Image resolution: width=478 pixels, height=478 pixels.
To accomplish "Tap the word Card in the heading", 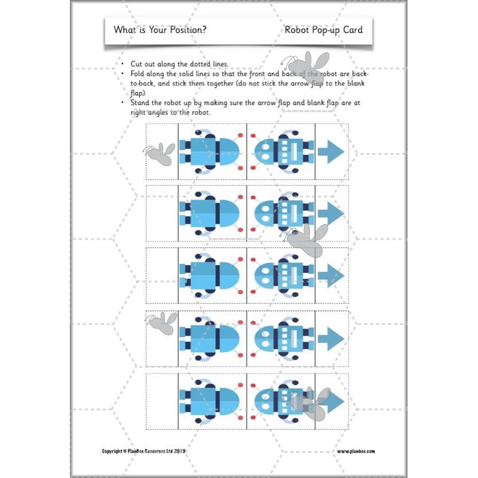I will tap(353, 29).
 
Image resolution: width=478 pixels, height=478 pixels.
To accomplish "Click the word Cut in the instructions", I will tap(137, 64).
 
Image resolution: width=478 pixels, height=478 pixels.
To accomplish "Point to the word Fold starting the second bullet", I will tap(139, 73).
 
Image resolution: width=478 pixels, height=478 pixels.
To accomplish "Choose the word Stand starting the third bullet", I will tap(141, 103).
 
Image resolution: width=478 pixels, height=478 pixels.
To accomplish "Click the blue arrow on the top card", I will tap(331, 152).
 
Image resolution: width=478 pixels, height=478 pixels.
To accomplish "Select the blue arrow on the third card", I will tap(331, 275).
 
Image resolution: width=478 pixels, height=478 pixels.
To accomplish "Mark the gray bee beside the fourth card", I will tap(163, 323).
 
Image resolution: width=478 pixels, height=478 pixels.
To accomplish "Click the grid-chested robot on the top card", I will tap(281, 152).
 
